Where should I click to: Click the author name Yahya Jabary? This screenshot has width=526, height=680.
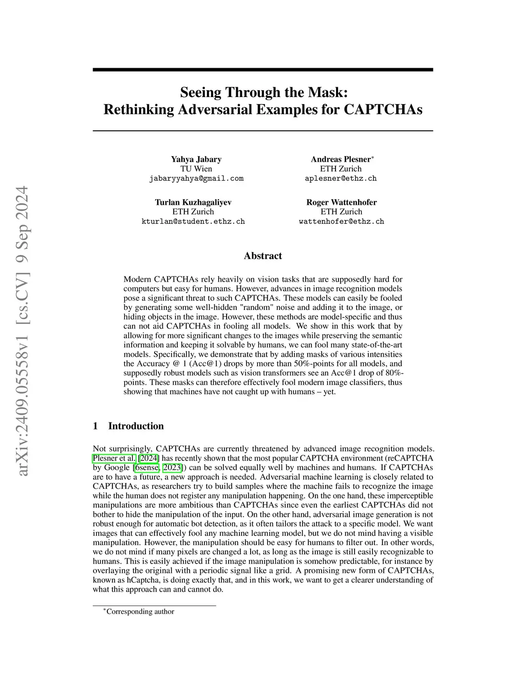tap(196, 159)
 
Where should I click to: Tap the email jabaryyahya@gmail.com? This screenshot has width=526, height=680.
tap(196, 179)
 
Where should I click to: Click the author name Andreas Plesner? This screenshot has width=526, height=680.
tap(341, 159)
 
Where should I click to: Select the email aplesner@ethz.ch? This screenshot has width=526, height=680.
tap(341, 179)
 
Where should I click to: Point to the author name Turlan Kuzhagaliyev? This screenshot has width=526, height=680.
tap(193, 202)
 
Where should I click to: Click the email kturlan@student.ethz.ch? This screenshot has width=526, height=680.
tap(193, 222)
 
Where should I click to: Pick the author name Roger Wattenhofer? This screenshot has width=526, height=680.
tap(342, 202)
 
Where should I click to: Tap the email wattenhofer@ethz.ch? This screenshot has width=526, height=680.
tap(342, 222)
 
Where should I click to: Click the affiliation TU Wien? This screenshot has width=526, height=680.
tap(196, 169)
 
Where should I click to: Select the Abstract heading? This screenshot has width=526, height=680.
tap(263, 256)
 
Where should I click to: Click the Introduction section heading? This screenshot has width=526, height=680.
tap(136, 426)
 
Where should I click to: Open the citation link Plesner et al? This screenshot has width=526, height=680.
tap(114, 458)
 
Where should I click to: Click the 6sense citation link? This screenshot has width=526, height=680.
tap(147, 468)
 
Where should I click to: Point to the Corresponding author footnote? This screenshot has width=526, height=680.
tap(140, 612)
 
